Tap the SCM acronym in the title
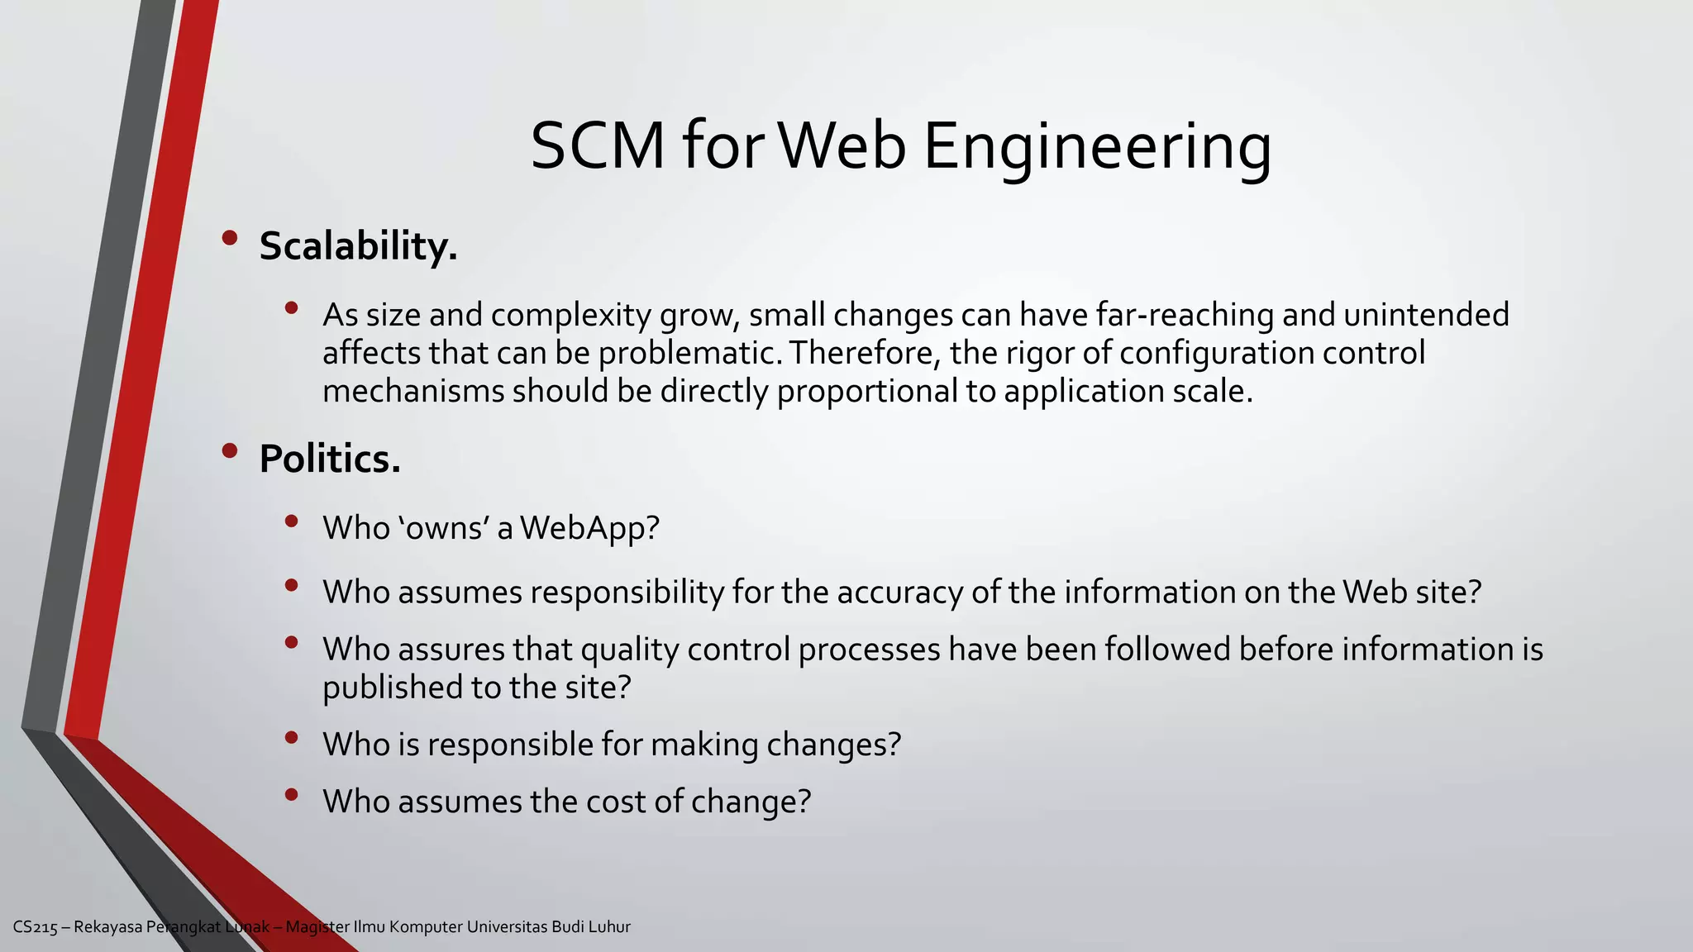[x=597, y=147]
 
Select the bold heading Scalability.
[x=358, y=246]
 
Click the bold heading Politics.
[x=330, y=459]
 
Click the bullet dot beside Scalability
[x=230, y=239]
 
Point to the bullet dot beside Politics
[x=230, y=451]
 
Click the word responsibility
[x=627, y=593]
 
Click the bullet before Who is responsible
[x=290, y=737]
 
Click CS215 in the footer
[x=35, y=927]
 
